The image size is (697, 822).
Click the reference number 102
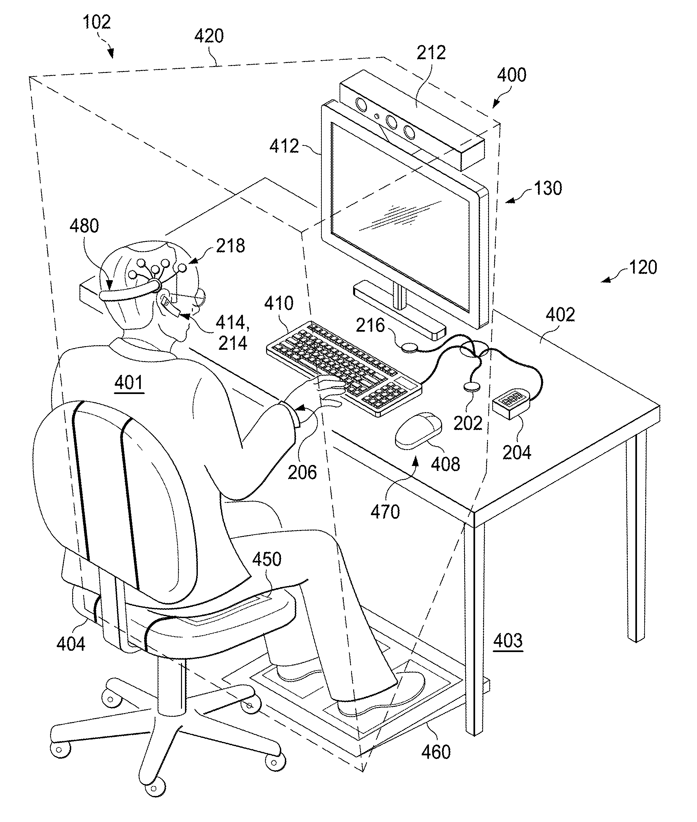[96, 22]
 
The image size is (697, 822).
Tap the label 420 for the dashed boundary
[209, 36]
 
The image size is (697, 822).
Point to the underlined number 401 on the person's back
[129, 383]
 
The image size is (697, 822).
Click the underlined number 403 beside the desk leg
[508, 640]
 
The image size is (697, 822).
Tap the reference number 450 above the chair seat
[267, 559]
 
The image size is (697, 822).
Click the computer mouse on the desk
[418, 430]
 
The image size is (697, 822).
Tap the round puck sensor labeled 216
[409, 347]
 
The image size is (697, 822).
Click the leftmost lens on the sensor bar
[361, 104]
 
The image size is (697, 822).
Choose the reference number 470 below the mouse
[385, 512]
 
